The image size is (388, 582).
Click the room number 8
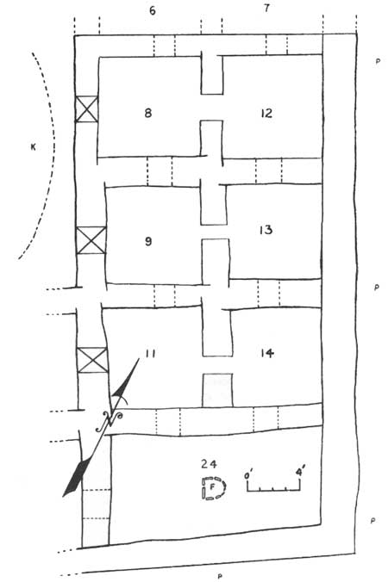coord(148,113)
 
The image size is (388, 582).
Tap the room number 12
coord(266,113)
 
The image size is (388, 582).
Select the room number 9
coord(148,242)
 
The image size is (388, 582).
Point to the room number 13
coord(266,230)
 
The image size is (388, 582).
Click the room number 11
coord(150,353)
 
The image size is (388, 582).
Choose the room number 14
coord(267,353)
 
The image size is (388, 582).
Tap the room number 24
coord(209,463)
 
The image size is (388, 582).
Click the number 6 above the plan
coord(153,10)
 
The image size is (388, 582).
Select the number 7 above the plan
coord(266,8)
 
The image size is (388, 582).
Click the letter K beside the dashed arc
coord(34,148)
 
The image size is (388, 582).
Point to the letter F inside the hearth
coord(212,487)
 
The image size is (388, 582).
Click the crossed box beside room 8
coord(86,109)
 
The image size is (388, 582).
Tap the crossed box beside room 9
coord(91,240)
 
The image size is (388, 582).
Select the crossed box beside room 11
coord(92,360)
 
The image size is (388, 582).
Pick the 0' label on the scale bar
coord(247,474)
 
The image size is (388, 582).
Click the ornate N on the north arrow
coord(109,421)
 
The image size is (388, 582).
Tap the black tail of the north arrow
coord(77,477)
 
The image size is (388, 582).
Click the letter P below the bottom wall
coord(220,577)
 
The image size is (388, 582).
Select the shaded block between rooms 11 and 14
coord(217,390)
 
